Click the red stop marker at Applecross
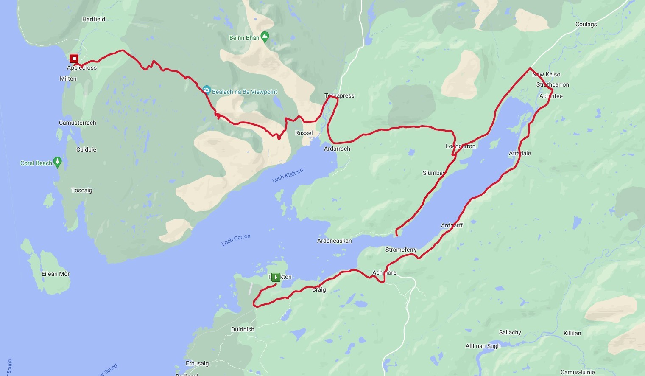click(74, 58)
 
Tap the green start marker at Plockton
click(276, 277)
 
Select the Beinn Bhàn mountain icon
click(265, 37)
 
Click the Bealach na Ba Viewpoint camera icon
click(207, 90)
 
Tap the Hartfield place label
click(94, 19)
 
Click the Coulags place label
click(586, 24)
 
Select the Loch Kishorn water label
click(288, 175)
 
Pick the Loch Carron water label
click(236, 240)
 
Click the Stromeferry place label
click(401, 250)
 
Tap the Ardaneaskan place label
click(335, 241)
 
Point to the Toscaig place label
click(81, 190)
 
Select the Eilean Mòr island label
click(56, 274)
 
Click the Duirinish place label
click(243, 329)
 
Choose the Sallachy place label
click(510, 332)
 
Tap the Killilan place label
click(572, 333)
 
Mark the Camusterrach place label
click(77, 123)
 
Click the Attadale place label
click(520, 153)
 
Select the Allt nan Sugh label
click(483, 346)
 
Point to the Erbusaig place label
click(197, 363)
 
